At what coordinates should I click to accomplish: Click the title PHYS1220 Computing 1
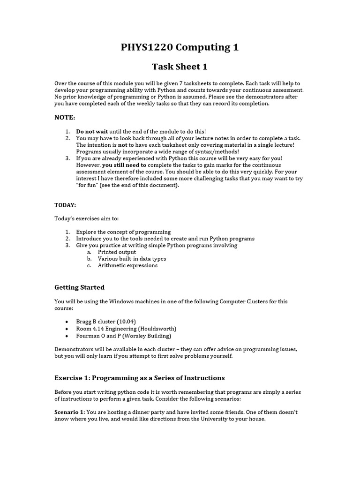pos(180,47)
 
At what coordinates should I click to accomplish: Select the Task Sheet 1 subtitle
pos(180,67)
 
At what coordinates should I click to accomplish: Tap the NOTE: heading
pos(65,117)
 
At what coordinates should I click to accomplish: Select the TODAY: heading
pos(65,205)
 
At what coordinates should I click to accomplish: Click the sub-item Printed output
pos(117,252)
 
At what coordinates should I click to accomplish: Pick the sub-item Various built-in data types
pos(132,259)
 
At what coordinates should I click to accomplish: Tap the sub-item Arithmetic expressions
pos(127,265)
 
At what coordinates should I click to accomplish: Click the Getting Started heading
pos(79,287)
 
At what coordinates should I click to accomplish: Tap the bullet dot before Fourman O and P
pos(67,336)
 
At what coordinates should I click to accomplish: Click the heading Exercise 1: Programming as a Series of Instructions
pos(140,378)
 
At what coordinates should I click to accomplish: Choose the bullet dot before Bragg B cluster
pos(67,322)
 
